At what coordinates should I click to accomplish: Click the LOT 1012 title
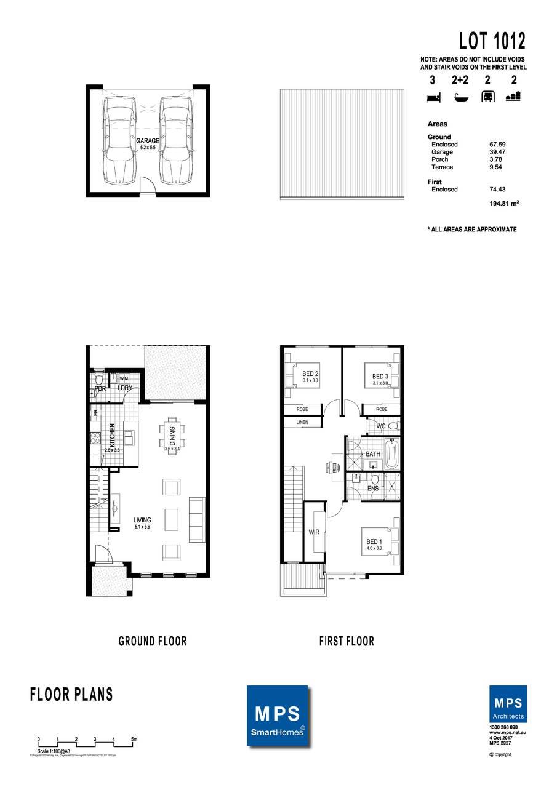click(492, 41)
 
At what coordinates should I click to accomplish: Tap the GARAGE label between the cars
click(148, 141)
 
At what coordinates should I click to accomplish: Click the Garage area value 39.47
click(497, 152)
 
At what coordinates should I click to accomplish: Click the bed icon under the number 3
click(432, 97)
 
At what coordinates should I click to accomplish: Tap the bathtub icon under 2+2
click(460, 97)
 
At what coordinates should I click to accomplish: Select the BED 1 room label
click(374, 541)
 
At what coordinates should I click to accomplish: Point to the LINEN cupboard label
click(302, 422)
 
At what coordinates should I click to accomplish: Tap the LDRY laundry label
click(125, 388)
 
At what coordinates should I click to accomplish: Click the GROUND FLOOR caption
click(153, 641)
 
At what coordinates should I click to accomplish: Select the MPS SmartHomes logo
click(278, 719)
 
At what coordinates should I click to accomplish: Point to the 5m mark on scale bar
click(134, 739)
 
